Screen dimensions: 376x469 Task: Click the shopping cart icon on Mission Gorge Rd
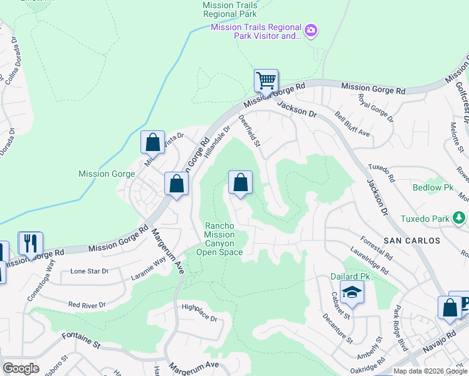pos(266,81)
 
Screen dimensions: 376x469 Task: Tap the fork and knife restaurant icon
pos(30,243)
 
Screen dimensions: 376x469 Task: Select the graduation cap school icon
pos(352,292)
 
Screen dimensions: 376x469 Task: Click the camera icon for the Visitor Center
pos(310,30)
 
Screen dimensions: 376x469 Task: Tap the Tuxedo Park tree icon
pos(460,218)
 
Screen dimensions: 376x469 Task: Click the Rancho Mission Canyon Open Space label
pos(219,239)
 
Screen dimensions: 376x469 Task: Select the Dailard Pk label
pos(351,276)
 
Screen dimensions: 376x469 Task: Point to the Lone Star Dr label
pos(90,271)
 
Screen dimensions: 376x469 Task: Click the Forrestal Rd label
pos(376,248)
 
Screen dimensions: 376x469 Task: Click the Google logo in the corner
pos(21,368)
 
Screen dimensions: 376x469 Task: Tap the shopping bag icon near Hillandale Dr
pos(240,183)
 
